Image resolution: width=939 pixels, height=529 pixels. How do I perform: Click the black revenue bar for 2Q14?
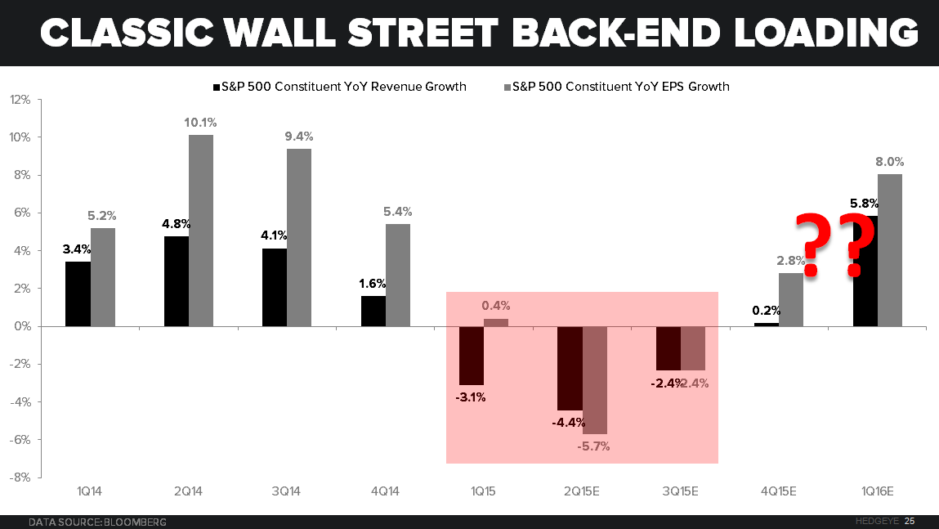177,280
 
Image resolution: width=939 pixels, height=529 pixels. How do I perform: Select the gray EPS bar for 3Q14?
299,237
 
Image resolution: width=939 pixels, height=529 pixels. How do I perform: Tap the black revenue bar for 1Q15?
472,356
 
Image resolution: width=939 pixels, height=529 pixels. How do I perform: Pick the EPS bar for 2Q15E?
595,380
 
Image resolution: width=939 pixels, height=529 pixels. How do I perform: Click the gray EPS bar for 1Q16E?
890,249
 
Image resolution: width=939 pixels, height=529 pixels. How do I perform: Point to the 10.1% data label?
201,123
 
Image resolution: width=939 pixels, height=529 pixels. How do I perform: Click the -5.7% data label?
593,446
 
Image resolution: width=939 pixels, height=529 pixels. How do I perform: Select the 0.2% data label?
766,311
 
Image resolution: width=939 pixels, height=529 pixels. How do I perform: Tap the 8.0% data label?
889,162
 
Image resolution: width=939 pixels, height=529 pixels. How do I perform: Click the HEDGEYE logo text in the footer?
874,521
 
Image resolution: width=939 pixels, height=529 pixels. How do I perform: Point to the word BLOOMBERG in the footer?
136,521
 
